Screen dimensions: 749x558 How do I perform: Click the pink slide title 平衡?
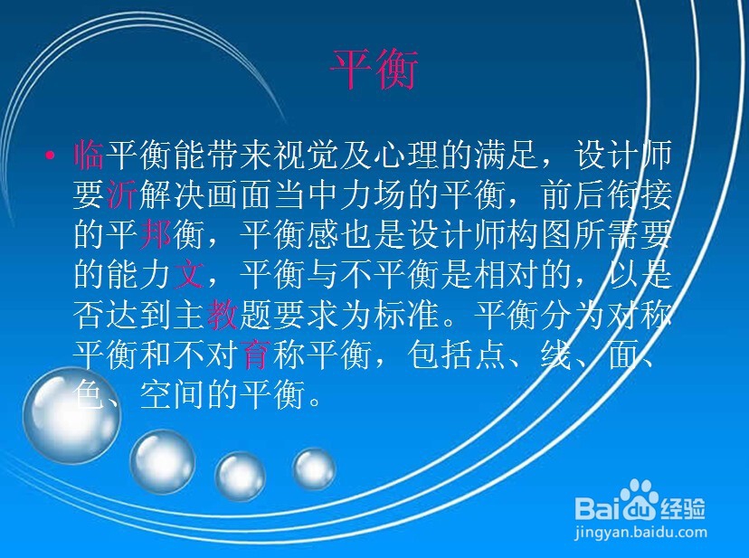pos(374,70)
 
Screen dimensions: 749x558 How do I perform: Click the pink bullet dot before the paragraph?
pos(49,155)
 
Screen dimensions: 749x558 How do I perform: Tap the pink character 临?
pos(89,155)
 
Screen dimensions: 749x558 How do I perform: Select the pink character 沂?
pos(122,195)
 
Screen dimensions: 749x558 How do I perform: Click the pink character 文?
pos(188,275)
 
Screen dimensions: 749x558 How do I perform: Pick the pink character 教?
pos(223,315)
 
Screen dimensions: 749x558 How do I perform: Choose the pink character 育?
pos(255,355)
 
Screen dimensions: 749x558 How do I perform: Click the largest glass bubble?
pos(71,415)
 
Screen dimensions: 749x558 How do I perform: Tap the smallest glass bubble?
pos(314,469)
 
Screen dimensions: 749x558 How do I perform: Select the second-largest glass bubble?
pos(163,461)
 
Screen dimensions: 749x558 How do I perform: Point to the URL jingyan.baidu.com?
pos(640,532)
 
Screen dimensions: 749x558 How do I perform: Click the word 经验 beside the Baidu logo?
pos(683,508)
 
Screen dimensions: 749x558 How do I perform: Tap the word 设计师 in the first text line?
pos(624,155)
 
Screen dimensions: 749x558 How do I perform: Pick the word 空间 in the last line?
pos(172,395)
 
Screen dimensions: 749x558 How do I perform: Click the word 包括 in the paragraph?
pos(440,355)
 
